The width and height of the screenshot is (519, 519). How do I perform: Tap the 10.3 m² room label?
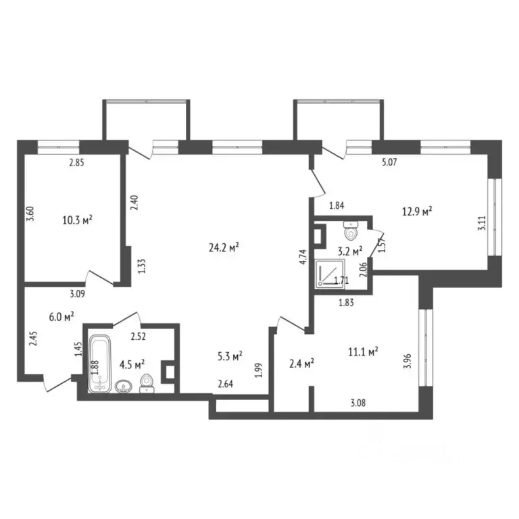[76, 220]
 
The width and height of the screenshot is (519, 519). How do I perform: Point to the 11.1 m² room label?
[362, 351]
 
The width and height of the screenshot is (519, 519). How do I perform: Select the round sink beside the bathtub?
[124, 387]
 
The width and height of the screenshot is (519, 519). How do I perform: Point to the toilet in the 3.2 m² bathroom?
[350, 231]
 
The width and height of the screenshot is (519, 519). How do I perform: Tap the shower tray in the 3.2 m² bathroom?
[329, 274]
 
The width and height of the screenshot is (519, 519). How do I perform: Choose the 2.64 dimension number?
[225, 386]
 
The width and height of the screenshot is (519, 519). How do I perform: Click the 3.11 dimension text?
[481, 223]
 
